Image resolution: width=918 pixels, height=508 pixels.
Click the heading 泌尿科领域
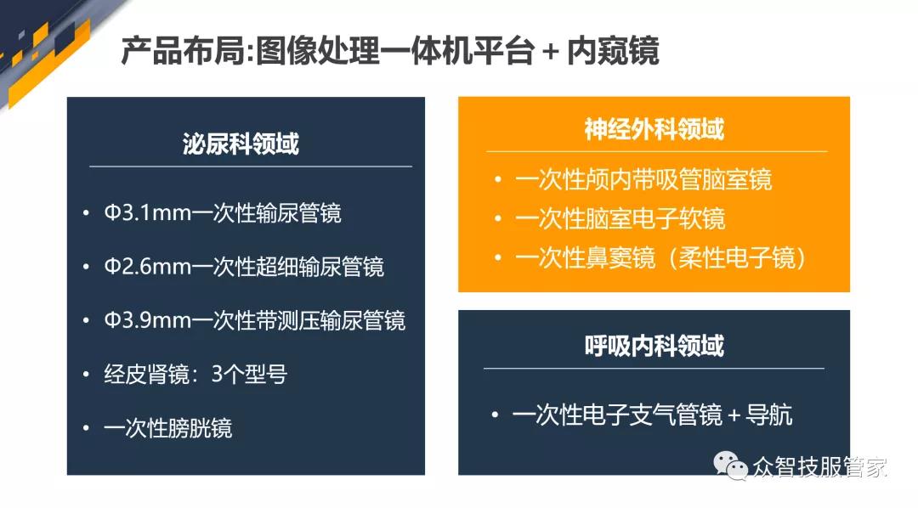(x=241, y=144)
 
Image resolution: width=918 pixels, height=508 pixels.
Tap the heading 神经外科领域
(x=654, y=129)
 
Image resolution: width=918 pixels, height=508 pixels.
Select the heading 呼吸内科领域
(x=654, y=346)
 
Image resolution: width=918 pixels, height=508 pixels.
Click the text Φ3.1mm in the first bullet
(x=148, y=213)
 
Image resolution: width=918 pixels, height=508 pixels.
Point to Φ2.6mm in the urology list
(x=148, y=267)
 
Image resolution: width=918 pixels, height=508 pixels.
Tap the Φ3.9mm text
(x=148, y=321)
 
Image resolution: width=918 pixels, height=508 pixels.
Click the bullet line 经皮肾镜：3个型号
(x=195, y=375)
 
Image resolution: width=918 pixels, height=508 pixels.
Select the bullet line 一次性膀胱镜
(x=168, y=428)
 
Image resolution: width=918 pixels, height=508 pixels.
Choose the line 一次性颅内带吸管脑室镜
(x=643, y=180)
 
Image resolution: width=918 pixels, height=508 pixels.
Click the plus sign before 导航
(x=734, y=416)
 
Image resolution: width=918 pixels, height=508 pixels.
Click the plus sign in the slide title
(x=550, y=52)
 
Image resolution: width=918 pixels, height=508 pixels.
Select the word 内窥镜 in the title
(x=613, y=50)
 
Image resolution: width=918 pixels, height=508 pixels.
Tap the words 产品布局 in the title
(x=183, y=50)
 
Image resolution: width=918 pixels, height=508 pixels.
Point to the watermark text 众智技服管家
(x=819, y=467)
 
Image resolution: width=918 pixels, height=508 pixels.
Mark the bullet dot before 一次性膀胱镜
(x=86, y=428)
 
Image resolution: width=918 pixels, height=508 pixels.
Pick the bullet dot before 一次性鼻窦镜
(x=497, y=257)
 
